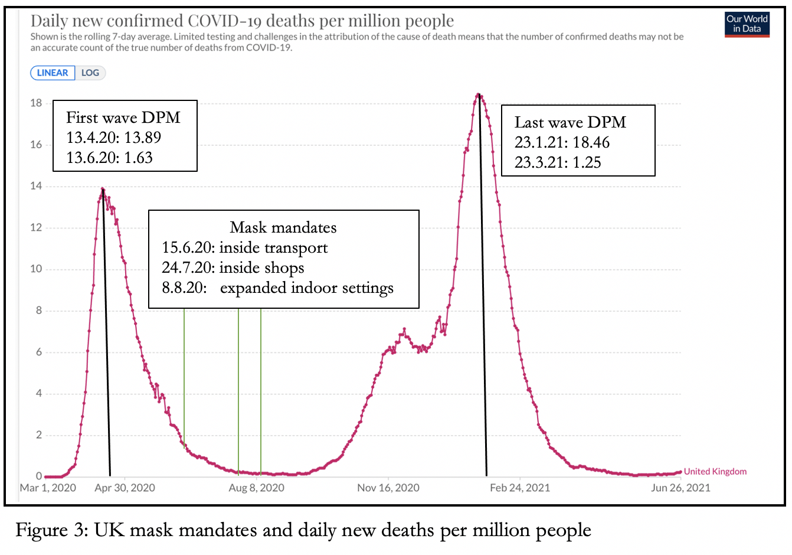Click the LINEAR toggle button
[x=53, y=73]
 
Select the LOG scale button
[x=90, y=73]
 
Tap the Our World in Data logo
[x=747, y=24]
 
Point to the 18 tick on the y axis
[x=36, y=103]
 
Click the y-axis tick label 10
[x=36, y=269]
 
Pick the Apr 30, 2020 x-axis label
[x=125, y=488]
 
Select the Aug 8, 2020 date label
[x=256, y=488]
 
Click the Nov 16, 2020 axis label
[x=388, y=488]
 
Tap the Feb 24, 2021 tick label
[x=519, y=488]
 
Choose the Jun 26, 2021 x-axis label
[x=680, y=488]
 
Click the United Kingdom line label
[x=715, y=471]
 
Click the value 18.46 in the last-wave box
[x=591, y=142]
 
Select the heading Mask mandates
[x=283, y=227]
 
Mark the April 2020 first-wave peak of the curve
[x=103, y=189]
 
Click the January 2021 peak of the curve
[x=479, y=94]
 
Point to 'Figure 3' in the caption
[x=51, y=530]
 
